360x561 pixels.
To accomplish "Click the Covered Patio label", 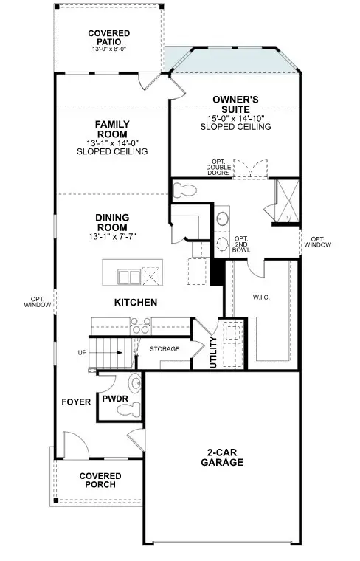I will [x=108, y=38].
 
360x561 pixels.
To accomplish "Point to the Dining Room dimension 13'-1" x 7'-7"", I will [x=112, y=235].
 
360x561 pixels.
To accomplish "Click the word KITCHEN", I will [x=135, y=303].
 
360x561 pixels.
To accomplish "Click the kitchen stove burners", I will [x=140, y=325].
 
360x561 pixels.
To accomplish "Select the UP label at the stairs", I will [x=81, y=352].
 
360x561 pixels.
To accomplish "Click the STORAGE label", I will [x=165, y=348].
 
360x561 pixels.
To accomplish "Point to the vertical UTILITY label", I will [x=214, y=352].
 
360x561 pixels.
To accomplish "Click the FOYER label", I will [x=76, y=402].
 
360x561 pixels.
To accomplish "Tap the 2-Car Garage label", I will [x=222, y=458].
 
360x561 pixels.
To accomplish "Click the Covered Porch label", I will [x=100, y=481].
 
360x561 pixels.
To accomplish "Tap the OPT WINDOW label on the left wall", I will [x=36, y=301].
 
